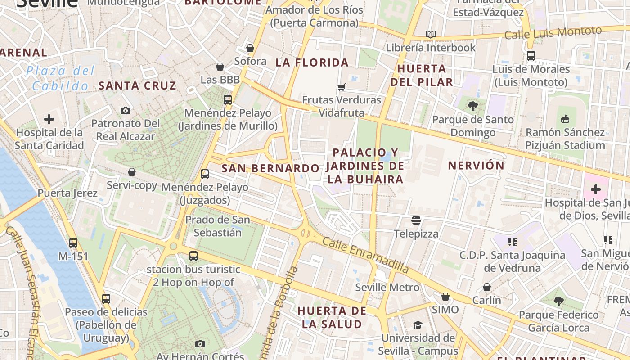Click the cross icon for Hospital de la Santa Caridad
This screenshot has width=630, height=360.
(49, 119)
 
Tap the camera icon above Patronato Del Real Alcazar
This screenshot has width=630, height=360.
(126, 110)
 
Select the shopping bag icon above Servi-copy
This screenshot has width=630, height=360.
(132, 172)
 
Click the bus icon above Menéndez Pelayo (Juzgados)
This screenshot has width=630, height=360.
(205, 174)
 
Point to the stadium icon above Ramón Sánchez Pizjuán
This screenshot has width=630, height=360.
(565, 119)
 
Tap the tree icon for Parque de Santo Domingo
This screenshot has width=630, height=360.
(472, 106)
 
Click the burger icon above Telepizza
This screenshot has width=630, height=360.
(416, 220)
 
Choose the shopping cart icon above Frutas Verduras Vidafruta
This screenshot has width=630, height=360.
(342, 87)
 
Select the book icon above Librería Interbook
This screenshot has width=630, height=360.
(431, 34)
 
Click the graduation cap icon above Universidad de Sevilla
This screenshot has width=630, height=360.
(418, 325)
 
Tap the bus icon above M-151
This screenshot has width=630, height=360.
(73, 243)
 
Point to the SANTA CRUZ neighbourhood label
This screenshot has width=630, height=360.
(137, 85)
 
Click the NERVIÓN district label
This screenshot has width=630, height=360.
(476, 166)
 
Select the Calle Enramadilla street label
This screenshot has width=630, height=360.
(365, 255)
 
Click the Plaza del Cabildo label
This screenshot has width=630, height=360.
(60, 78)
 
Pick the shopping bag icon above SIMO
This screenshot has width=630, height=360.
(445, 297)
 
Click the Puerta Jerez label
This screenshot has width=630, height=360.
(67, 193)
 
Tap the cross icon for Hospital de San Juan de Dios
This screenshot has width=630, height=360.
(595, 189)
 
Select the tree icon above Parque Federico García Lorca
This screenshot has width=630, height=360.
(558, 301)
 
